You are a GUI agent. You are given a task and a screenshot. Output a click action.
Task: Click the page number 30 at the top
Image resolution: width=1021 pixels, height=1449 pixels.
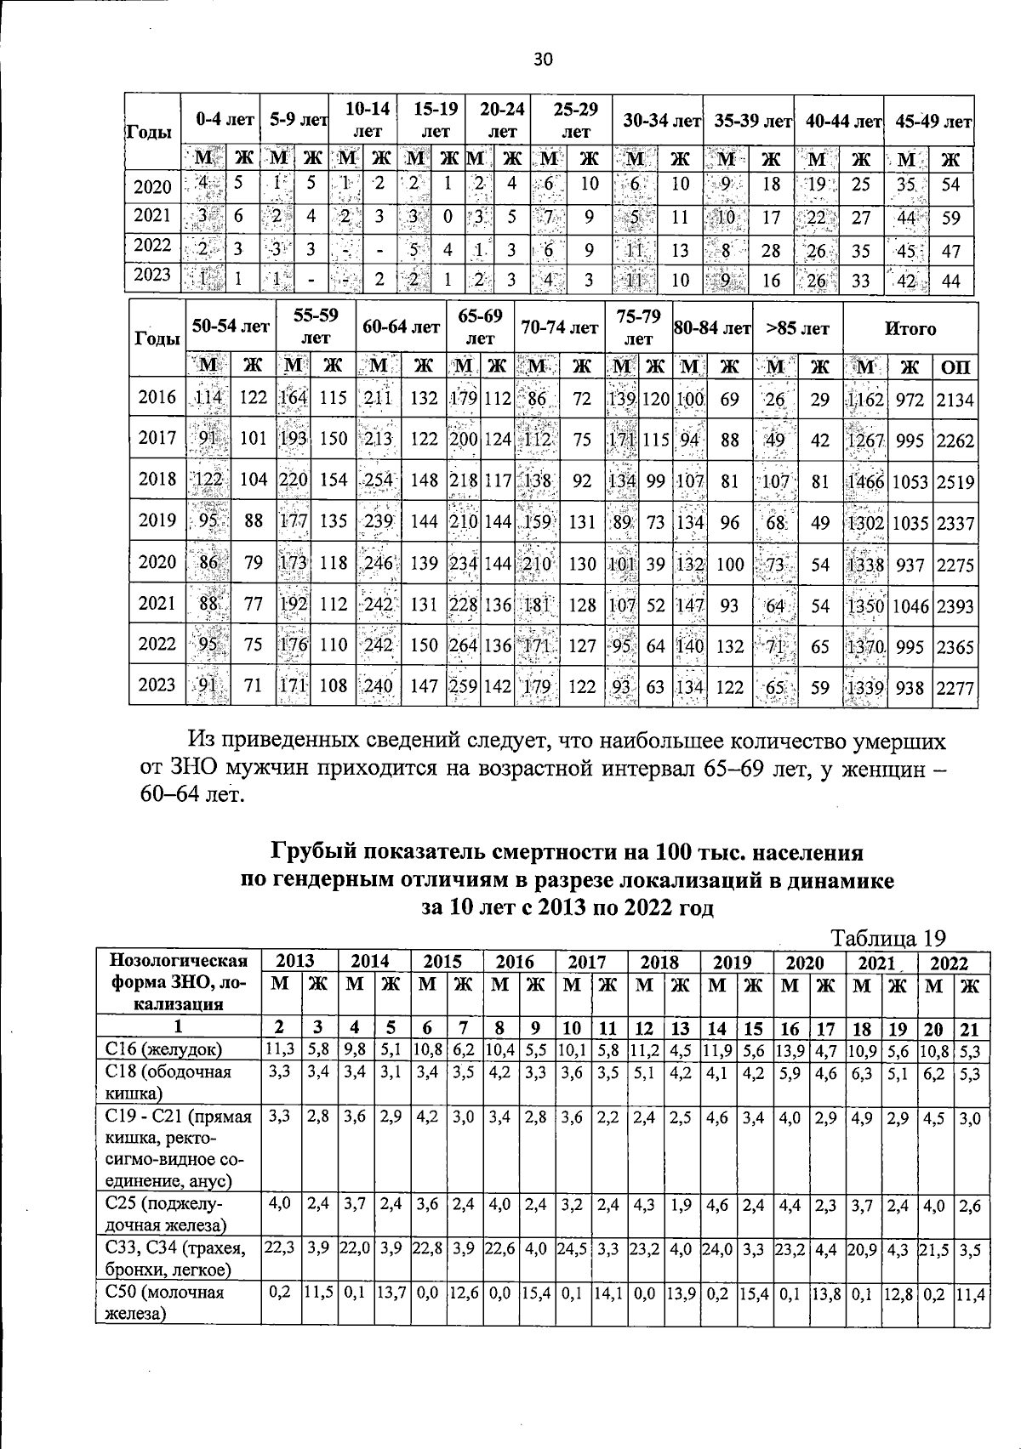tap(543, 59)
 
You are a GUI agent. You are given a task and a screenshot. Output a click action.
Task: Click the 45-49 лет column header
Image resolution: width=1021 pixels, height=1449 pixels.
tap(933, 121)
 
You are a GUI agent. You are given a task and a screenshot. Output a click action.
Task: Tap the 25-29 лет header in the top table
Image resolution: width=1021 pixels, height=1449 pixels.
tap(576, 120)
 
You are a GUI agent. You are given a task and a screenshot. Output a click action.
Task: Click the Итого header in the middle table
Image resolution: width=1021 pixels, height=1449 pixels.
tap(911, 328)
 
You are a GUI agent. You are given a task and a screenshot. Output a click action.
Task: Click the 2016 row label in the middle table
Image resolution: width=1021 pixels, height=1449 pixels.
tap(157, 397)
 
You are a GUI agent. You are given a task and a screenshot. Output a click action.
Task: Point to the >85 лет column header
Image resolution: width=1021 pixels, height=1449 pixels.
tap(797, 328)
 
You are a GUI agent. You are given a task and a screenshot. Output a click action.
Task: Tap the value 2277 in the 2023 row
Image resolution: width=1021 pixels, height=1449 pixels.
tap(955, 687)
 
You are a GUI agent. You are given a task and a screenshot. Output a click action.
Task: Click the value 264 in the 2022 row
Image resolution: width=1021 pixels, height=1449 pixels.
tap(464, 645)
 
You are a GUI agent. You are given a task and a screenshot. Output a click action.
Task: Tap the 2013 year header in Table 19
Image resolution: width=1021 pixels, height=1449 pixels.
tap(295, 962)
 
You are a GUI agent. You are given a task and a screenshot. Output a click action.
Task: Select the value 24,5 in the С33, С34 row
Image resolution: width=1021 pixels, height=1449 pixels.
tap(573, 1248)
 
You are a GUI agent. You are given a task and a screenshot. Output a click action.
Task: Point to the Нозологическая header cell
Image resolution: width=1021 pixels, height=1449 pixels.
tap(179, 962)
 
